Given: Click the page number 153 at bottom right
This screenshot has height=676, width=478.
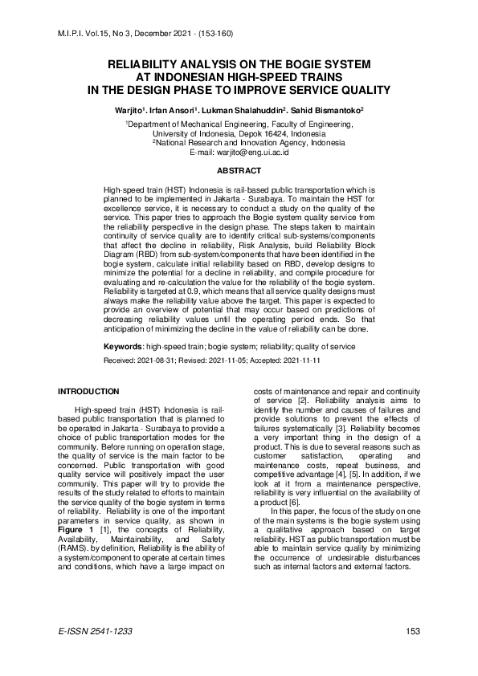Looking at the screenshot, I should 413,632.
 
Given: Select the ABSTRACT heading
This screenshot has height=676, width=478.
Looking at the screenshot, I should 239,170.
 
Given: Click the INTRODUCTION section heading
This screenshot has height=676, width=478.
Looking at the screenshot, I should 88,391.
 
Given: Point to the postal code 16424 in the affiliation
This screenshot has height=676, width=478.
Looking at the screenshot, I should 273,134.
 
